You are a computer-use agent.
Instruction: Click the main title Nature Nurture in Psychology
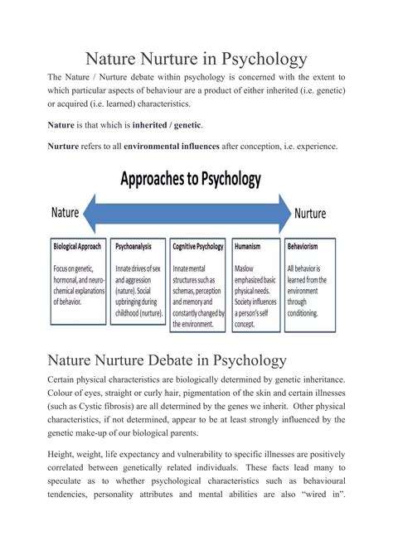[196, 59]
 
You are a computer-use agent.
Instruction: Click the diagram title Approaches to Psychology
[191, 178]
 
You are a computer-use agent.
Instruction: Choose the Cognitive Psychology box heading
[198, 247]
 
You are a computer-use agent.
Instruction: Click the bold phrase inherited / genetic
[167, 125]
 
